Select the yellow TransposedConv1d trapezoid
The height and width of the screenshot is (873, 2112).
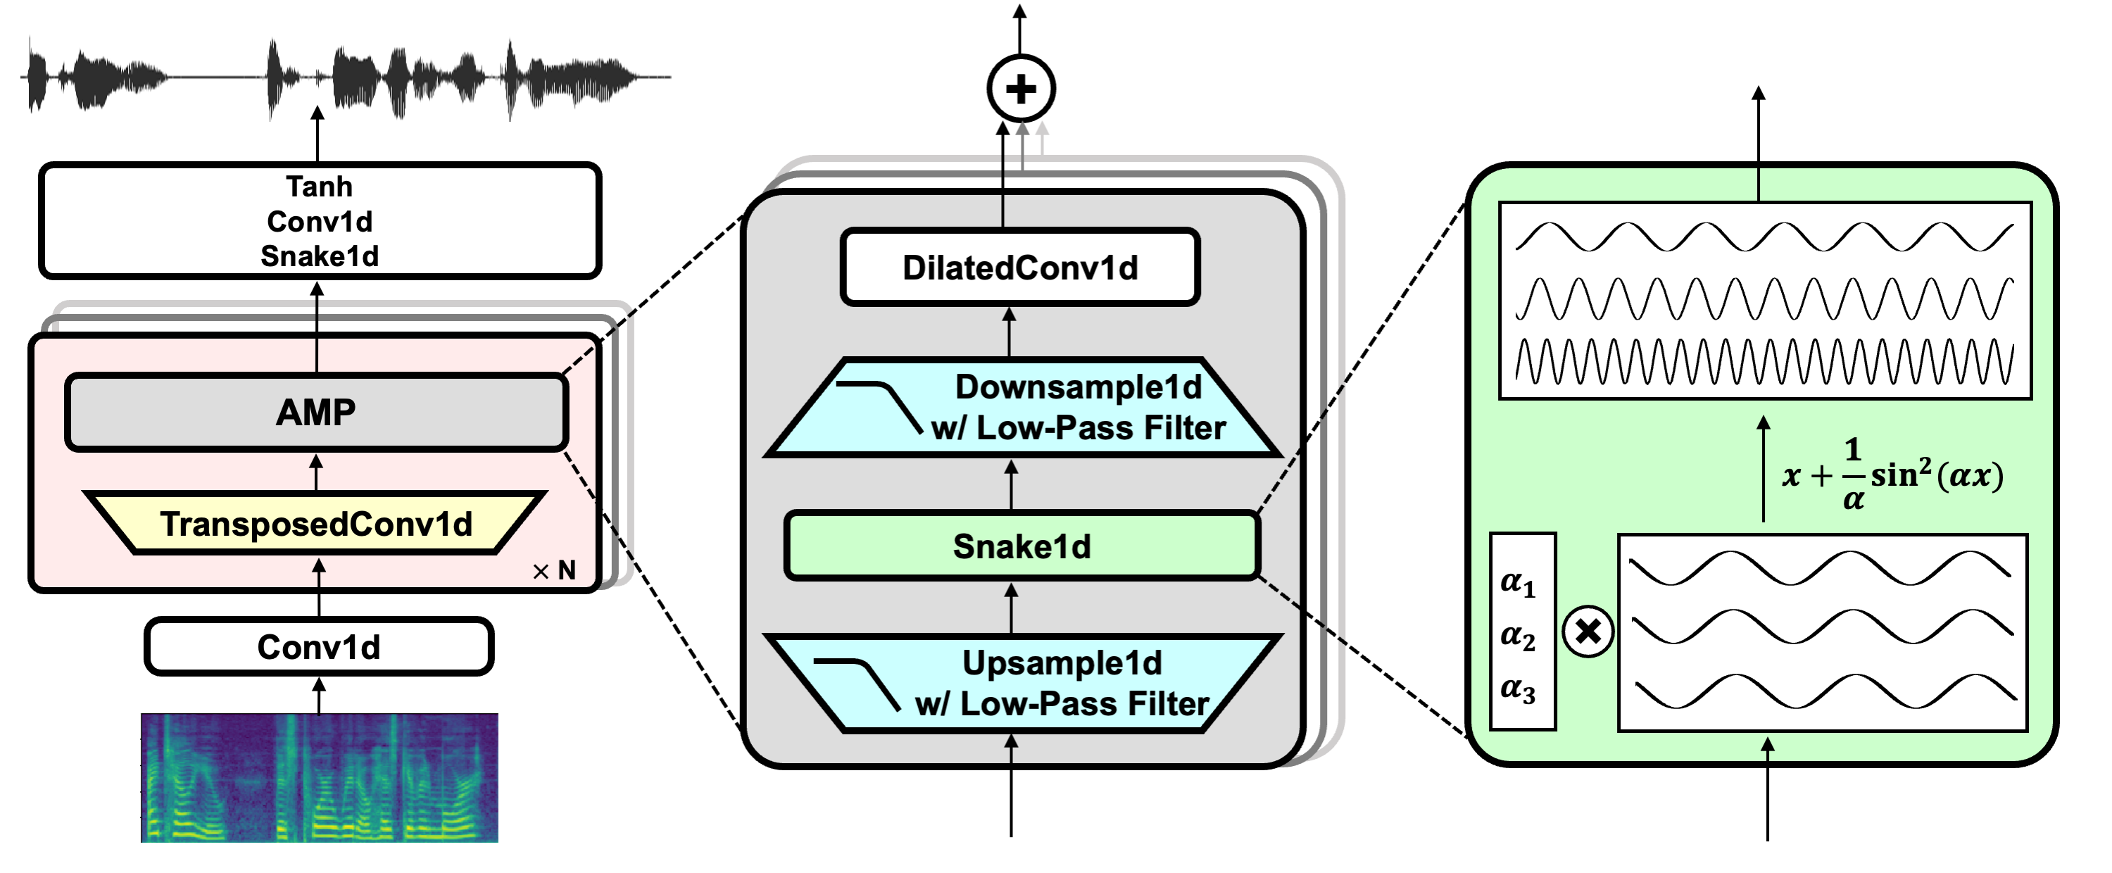317,524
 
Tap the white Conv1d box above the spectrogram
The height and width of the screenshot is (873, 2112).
319,647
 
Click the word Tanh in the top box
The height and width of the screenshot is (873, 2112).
319,187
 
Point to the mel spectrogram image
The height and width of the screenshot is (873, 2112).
319,777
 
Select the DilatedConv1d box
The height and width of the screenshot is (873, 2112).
1020,268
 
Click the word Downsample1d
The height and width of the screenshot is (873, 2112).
1078,387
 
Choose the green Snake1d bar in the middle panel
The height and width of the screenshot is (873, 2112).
1022,546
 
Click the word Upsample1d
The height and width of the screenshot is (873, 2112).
1062,663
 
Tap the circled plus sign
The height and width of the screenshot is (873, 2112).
1021,89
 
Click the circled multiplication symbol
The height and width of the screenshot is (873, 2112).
1588,632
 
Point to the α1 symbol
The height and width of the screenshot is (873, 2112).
1518,583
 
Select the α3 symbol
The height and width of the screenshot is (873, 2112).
1518,689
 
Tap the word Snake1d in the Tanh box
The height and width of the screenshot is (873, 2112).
319,256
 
